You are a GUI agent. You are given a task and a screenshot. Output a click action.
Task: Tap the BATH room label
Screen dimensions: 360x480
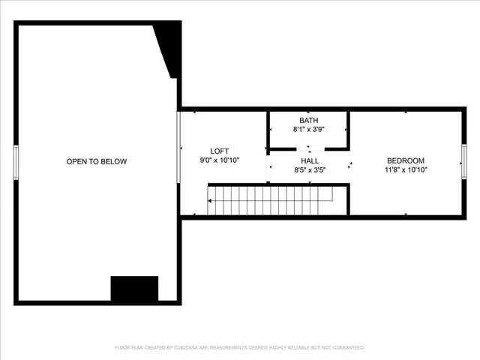(x=308, y=120)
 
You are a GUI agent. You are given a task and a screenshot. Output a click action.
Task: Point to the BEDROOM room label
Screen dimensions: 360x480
(x=406, y=160)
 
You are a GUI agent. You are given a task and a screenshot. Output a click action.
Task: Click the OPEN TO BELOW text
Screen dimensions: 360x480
(x=97, y=161)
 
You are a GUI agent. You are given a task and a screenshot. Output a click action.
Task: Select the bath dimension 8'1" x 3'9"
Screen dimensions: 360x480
(x=308, y=130)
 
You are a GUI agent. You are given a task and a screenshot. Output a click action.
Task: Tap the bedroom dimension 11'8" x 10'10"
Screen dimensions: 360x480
(x=406, y=170)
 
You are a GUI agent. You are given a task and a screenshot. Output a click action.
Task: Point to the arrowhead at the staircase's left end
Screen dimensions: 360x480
(x=211, y=201)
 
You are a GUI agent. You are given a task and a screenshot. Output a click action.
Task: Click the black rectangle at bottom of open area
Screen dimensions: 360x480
(x=134, y=288)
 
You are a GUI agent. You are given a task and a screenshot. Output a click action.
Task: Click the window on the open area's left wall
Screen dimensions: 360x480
(x=16, y=163)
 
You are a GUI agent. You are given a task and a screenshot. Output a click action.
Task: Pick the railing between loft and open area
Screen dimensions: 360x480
(x=178, y=146)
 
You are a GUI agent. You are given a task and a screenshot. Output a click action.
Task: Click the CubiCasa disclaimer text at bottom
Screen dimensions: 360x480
(x=240, y=348)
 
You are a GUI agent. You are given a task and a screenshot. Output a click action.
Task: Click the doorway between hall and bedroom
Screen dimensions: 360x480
(x=349, y=163)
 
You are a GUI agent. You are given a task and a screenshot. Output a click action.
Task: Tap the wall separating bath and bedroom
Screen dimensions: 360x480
(x=349, y=127)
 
